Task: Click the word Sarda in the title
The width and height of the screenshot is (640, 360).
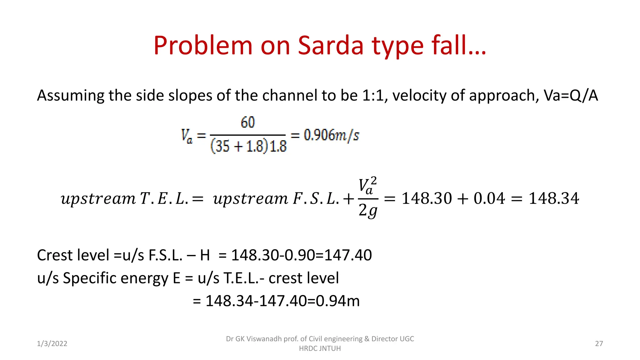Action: pos(331,46)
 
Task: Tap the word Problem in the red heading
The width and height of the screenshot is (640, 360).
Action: pos(202,46)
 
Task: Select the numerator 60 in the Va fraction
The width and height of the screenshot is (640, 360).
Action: pos(248,122)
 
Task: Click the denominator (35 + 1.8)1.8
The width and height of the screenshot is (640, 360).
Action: pos(248,146)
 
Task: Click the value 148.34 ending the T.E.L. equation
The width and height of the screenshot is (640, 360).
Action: pos(553,198)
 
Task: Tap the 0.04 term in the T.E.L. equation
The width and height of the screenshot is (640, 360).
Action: pos(489,198)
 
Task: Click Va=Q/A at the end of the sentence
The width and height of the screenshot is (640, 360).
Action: pos(571,95)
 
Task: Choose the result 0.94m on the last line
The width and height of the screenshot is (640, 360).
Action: pos(338,301)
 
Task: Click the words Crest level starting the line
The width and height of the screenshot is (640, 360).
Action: pos(73,255)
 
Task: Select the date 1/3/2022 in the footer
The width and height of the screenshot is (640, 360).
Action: pos(52,344)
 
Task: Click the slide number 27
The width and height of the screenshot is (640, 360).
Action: pos(599,344)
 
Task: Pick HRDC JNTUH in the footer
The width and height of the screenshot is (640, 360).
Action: pos(320,348)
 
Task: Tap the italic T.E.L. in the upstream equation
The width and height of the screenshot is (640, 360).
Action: pos(164,199)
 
